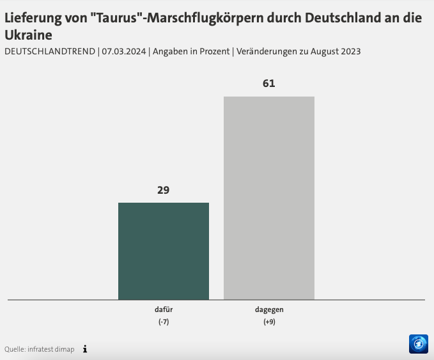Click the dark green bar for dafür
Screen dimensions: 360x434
pyautogui.click(x=163, y=251)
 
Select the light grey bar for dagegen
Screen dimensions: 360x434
pyautogui.click(x=268, y=198)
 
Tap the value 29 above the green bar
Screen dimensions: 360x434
pyautogui.click(x=164, y=190)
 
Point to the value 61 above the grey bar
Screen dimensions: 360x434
pyautogui.click(x=268, y=84)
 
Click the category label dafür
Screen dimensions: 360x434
pyautogui.click(x=164, y=309)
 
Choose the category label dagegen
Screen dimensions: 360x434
pyautogui.click(x=269, y=309)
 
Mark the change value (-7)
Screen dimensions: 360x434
pyautogui.click(x=164, y=322)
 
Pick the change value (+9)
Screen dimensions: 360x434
pyautogui.click(x=269, y=322)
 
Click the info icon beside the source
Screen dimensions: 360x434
pyautogui.click(x=85, y=349)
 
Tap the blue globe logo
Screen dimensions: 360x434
pyautogui.click(x=418, y=343)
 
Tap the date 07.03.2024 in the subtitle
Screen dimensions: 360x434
pyautogui.click(x=124, y=51)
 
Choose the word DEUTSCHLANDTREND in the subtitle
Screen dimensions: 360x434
pyautogui.click(x=50, y=51)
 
